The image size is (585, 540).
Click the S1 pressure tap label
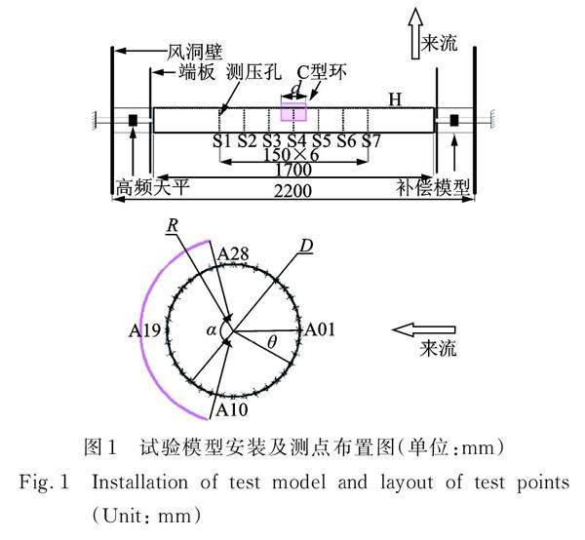click(222, 142)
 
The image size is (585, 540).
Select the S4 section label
click(296, 142)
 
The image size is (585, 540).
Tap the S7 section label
click(370, 142)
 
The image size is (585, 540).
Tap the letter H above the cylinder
click(395, 99)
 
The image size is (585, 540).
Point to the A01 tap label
click(320, 331)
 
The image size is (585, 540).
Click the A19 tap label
click(144, 331)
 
